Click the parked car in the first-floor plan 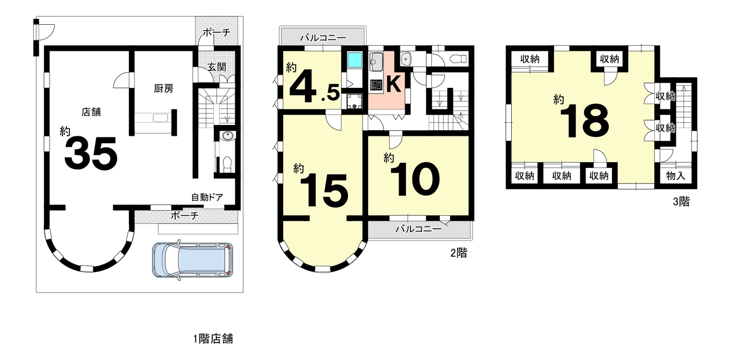193,260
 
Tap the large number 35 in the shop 91,153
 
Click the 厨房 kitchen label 163,88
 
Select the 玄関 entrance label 217,67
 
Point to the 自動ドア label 207,197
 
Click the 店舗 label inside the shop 91,112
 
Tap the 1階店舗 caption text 213,339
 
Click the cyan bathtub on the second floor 355,60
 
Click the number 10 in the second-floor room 415,179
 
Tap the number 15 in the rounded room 324,190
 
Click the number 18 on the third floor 584,121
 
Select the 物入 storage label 676,176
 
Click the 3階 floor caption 681,202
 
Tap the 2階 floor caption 459,253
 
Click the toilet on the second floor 458,59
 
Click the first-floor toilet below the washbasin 226,162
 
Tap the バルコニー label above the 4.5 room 323,38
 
